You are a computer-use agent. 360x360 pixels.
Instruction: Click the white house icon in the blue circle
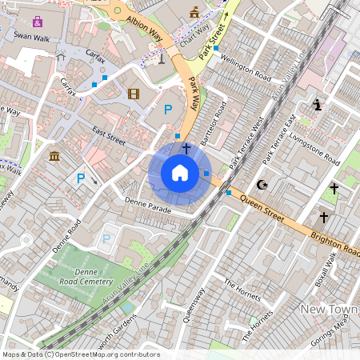pos(180,173)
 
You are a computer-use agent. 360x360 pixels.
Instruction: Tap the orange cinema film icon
pos(133,94)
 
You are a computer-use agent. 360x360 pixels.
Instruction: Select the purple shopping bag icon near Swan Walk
pos(38,20)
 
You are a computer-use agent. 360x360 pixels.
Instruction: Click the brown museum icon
pos(54,155)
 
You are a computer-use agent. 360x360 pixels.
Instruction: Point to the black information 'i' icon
pos(318,104)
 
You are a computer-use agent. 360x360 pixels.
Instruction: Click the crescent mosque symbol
pos(261,185)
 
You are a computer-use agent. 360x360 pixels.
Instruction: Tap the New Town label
pos(328,309)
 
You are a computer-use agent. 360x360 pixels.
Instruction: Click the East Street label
pos(108,135)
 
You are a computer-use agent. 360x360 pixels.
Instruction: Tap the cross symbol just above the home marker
pos(186,148)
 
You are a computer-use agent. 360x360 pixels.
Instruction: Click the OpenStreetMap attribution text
pos(80,354)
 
